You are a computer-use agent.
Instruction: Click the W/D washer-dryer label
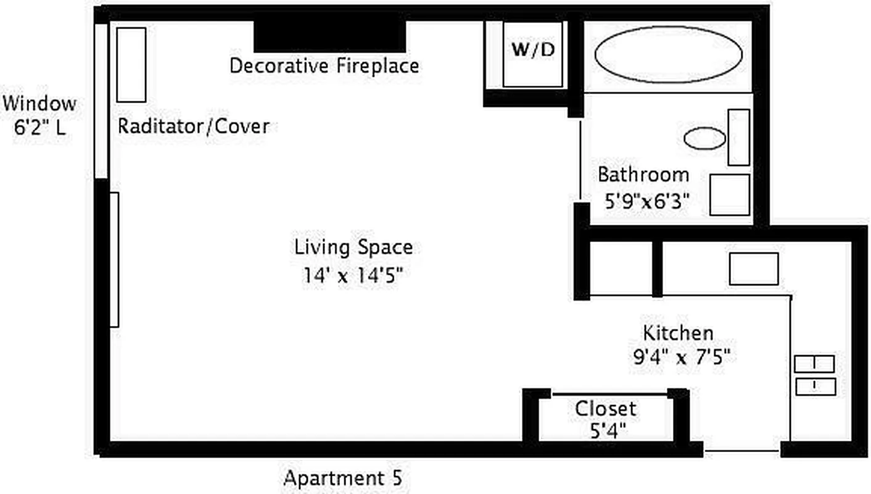(x=533, y=50)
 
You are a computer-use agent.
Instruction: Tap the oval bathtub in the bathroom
(x=668, y=55)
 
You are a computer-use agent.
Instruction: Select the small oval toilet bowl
(x=704, y=138)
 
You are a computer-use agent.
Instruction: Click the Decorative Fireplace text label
(x=324, y=65)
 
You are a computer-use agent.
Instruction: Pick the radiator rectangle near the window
(x=131, y=64)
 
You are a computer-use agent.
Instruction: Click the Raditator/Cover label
(x=193, y=127)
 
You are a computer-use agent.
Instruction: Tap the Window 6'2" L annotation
(x=40, y=116)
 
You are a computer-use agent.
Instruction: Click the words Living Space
(x=353, y=248)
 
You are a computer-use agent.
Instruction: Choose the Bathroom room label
(x=643, y=174)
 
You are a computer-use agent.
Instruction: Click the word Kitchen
(x=678, y=333)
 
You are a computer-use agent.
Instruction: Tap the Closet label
(x=605, y=408)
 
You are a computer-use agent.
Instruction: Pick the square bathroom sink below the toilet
(x=729, y=195)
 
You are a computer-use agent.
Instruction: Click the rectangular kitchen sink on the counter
(x=753, y=269)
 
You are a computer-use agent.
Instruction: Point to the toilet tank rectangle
(x=738, y=137)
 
